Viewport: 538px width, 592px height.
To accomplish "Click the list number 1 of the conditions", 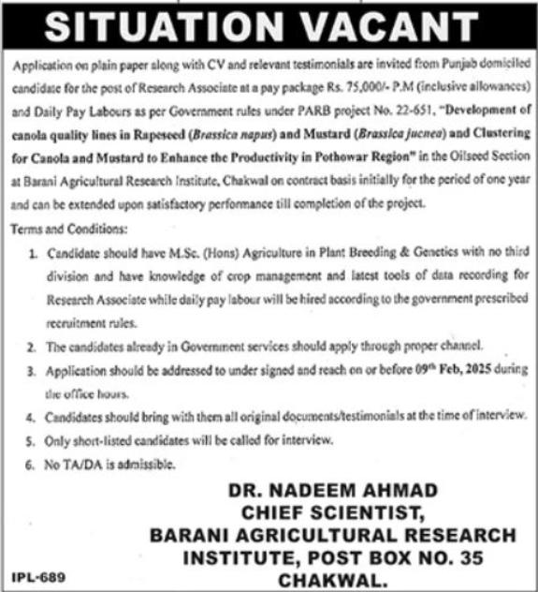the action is point(35,251).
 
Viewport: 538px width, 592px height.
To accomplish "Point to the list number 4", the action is point(35,413).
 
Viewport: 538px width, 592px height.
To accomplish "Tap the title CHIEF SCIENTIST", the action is point(332,513).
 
